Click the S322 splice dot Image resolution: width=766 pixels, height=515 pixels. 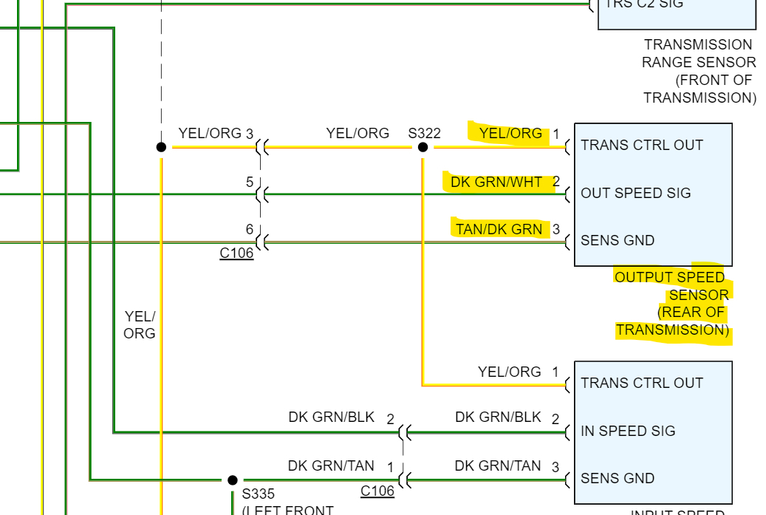423,147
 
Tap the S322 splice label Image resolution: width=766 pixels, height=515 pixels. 424,133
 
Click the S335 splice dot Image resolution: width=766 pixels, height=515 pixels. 233,480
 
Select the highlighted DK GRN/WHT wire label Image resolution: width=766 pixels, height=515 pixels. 496,182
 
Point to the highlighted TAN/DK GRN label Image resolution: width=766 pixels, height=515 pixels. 499,229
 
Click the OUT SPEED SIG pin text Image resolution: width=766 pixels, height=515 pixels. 635,193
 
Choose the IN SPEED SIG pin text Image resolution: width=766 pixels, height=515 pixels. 628,431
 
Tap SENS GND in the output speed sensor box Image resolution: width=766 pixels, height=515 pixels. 618,240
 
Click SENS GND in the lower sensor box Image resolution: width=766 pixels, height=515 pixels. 618,478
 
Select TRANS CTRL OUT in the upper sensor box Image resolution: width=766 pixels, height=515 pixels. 641,145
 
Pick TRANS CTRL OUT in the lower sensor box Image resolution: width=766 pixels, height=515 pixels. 641,383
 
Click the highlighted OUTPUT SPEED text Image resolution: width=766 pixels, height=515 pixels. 669,277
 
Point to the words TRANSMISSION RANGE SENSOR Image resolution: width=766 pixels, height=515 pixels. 698,53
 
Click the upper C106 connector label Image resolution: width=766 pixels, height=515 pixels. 236,253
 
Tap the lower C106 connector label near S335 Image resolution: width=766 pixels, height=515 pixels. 377,491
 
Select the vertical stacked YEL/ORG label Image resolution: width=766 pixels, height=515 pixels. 140,324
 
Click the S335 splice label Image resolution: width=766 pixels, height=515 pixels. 258,494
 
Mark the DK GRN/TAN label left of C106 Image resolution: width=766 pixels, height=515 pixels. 331,465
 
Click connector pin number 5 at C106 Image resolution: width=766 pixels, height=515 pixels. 250,182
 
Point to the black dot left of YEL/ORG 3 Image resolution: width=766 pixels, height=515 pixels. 161,147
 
